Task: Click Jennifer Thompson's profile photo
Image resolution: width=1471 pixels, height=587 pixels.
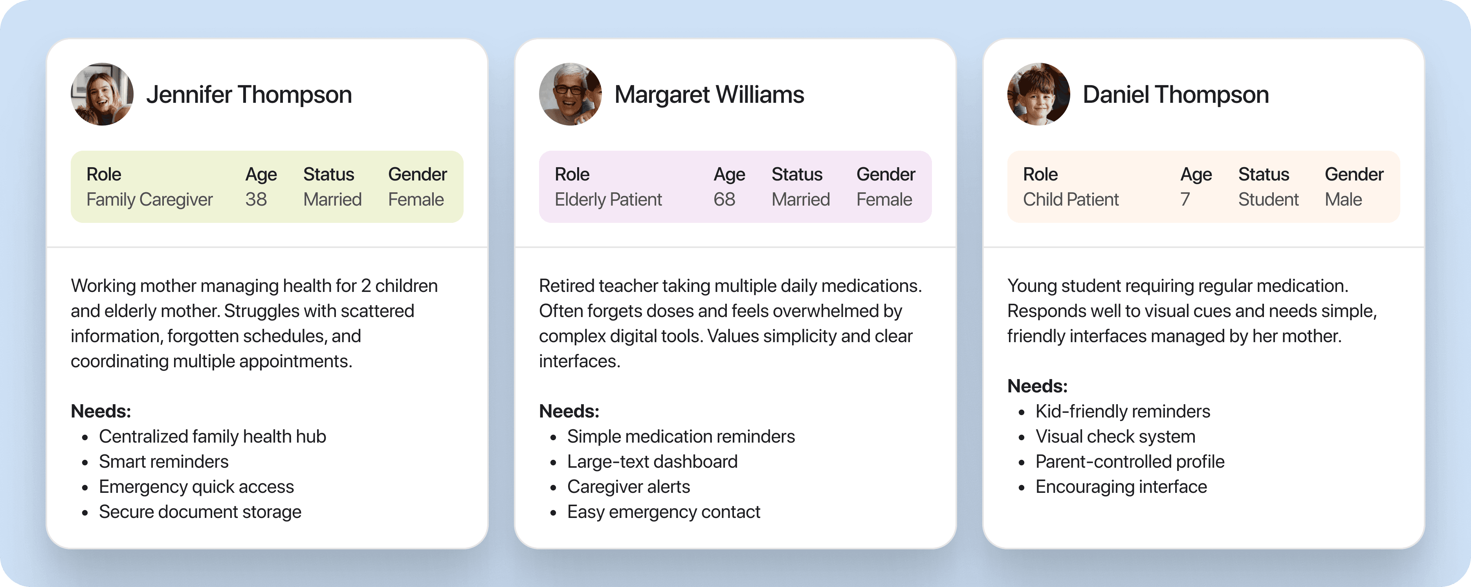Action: [102, 94]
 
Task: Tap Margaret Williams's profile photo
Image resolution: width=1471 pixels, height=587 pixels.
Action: [570, 94]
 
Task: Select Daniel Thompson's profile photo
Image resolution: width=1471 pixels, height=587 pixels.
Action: [1039, 94]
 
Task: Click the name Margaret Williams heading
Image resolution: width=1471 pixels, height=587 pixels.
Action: [709, 95]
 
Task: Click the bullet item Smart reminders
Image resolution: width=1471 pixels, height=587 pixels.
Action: [163, 461]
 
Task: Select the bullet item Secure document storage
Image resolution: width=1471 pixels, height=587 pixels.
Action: [200, 512]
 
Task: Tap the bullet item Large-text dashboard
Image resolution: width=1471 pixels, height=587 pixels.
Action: [652, 461]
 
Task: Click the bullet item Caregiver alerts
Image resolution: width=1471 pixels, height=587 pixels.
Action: [628, 487]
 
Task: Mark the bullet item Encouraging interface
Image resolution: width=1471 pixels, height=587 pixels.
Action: [1121, 487]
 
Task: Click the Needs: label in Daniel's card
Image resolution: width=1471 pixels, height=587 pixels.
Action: [1037, 386]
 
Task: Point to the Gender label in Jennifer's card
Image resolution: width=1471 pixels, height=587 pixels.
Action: [417, 174]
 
